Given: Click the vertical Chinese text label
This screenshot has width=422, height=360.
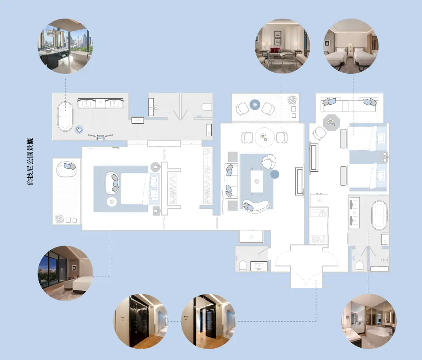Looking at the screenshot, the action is pyautogui.click(x=30, y=162).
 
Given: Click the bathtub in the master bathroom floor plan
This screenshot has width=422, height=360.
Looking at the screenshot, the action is pyautogui.click(x=65, y=116).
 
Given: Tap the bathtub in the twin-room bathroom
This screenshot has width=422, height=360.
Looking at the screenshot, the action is pyautogui.click(x=379, y=215).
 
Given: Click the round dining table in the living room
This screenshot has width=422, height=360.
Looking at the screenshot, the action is pyautogui.click(x=264, y=137).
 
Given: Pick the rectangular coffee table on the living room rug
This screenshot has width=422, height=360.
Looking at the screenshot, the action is pyautogui.click(x=256, y=181).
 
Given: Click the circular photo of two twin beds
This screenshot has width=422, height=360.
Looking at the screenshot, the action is pyautogui.click(x=351, y=46).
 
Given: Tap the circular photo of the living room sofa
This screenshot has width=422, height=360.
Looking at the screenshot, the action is pyautogui.click(x=282, y=46).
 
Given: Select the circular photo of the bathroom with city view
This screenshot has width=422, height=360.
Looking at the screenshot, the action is pyautogui.click(x=65, y=46).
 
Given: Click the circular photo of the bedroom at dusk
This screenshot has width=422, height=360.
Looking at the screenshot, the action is pyautogui.click(x=65, y=273).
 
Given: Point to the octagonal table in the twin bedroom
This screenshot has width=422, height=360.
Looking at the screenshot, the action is pyautogui.click(x=331, y=122).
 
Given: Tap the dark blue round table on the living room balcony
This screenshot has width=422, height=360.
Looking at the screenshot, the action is pyautogui.click(x=255, y=105).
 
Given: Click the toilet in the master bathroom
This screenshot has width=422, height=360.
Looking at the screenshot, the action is pyautogui.click(x=207, y=107).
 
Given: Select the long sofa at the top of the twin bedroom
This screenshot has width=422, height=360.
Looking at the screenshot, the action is pyautogui.click(x=349, y=105).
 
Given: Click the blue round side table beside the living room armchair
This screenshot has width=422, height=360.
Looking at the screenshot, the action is pyautogui.click(x=275, y=174).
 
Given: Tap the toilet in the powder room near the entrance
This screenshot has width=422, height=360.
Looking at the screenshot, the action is pyautogui.click(x=242, y=266).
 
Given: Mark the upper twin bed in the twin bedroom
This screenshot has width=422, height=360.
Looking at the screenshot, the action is pyautogui.click(x=367, y=138).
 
